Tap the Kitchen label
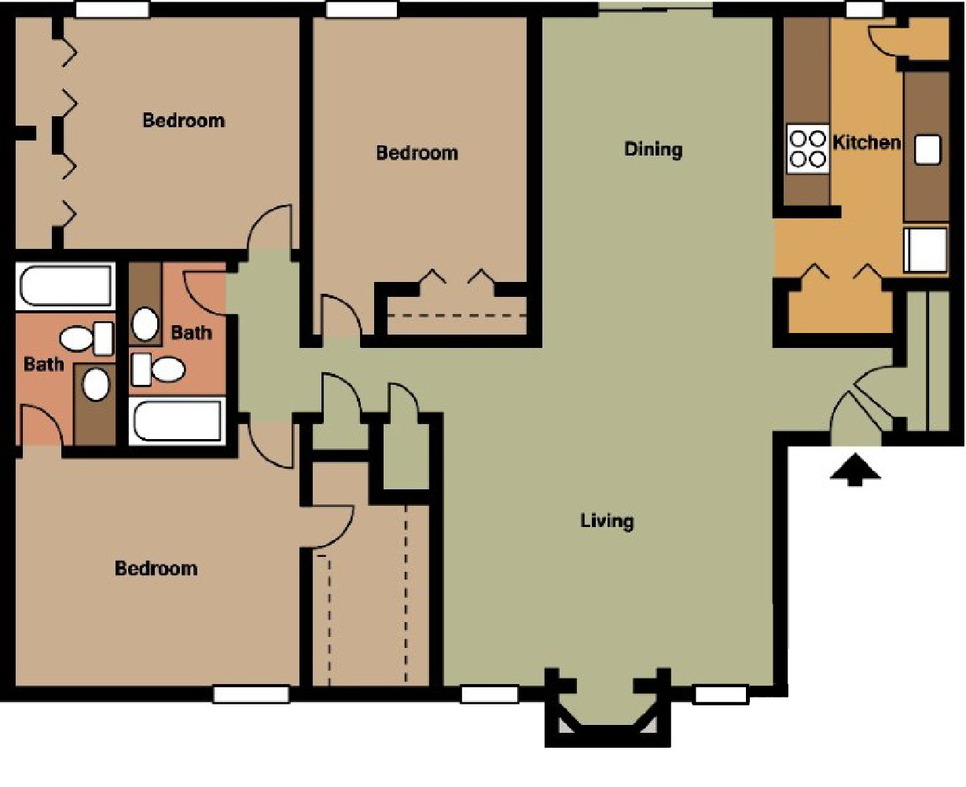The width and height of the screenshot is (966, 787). (x=866, y=142)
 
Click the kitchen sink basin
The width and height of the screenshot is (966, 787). (x=927, y=149)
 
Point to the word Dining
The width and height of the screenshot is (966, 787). (x=653, y=148)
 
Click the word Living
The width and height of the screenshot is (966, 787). (x=607, y=520)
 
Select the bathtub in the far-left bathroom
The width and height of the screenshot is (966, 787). (x=65, y=286)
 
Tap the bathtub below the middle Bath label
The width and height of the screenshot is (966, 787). (x=179, y=420)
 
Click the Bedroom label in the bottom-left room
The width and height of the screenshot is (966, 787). (x=156, y=568)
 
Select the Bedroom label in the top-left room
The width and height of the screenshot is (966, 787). (x=183, y=120)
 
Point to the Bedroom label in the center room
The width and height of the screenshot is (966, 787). (x=417, y=152)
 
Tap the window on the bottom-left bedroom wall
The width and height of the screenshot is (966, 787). (x=251, y=694)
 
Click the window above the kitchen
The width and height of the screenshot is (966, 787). (x=864, y=9)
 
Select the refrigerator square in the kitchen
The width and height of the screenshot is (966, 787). (x=925, y=250)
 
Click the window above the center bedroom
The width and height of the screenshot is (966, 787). (x=361, y=9)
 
